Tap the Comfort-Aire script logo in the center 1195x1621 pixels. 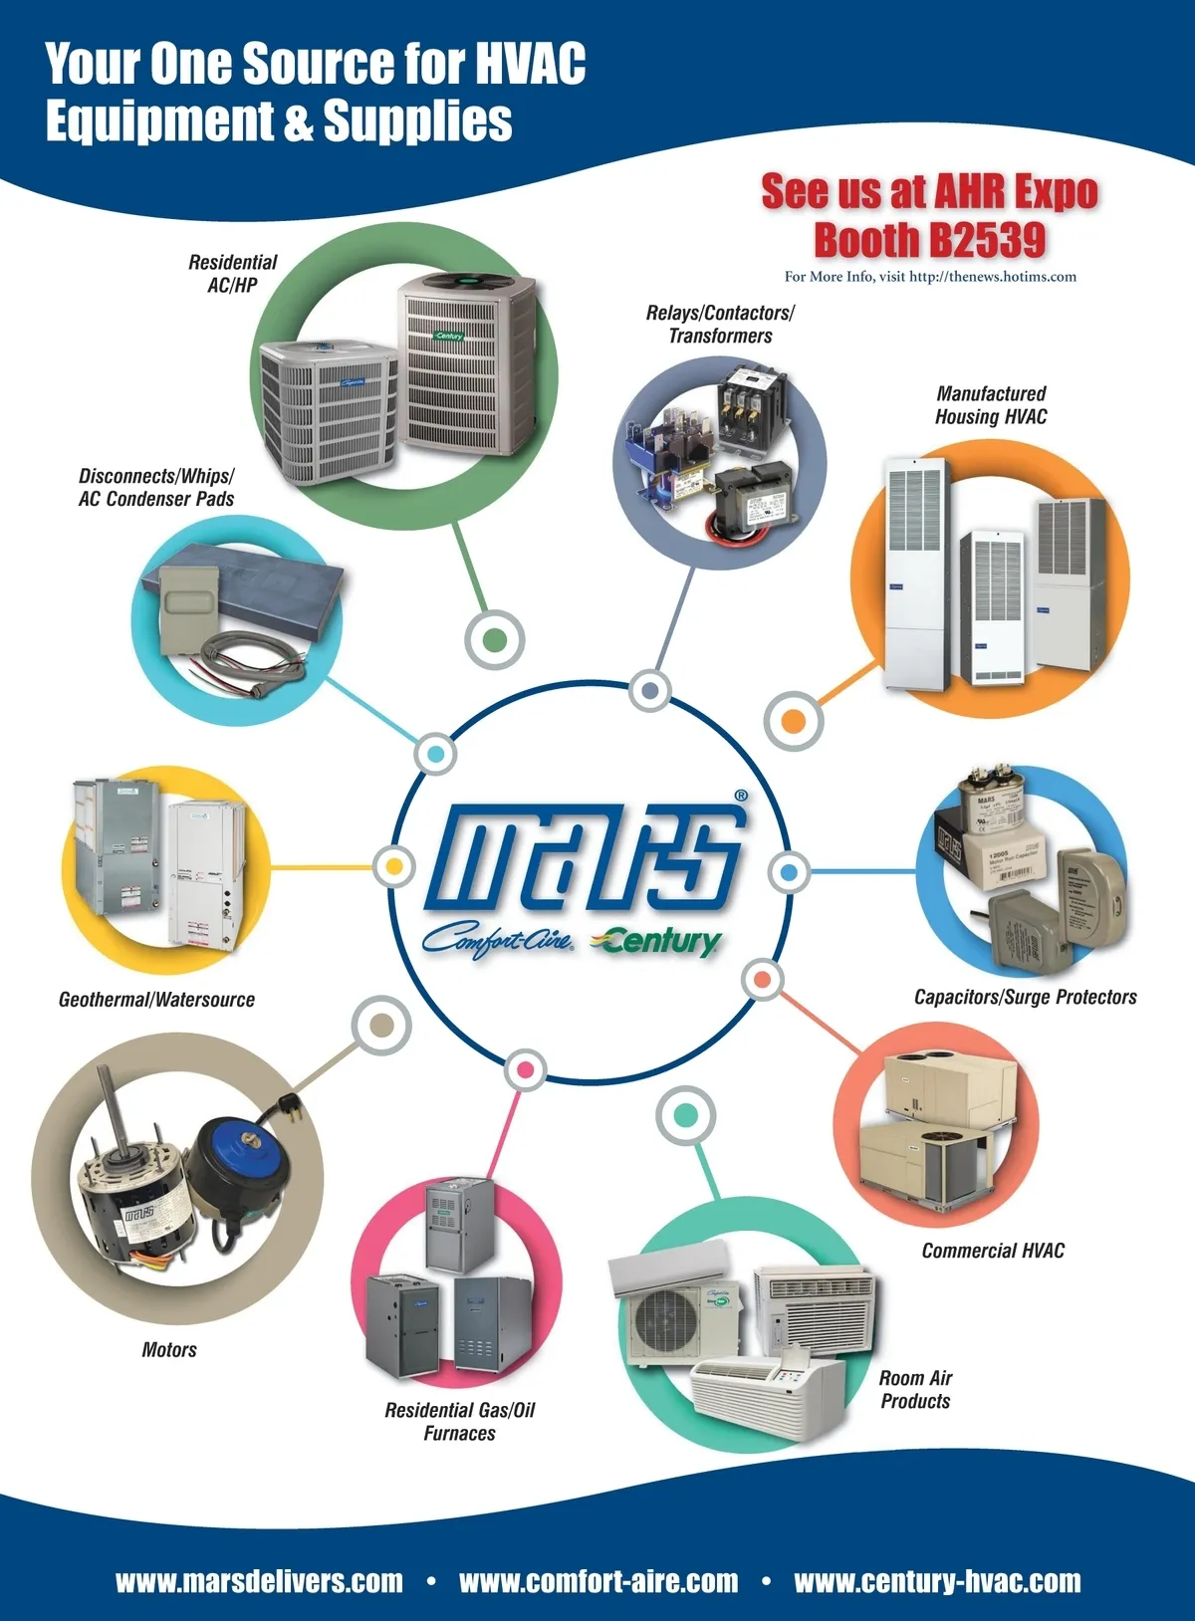click(498, 941)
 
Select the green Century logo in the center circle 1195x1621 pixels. click(656, 941)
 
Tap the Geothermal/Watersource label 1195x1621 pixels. click(156, 1000)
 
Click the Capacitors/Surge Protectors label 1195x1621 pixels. click(1025, 998)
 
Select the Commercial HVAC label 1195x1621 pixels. click(993, 1252)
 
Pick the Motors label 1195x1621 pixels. click(169, 1349)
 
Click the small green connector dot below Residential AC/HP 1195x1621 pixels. click(494, 639)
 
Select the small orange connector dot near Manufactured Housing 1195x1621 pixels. click(794, 721)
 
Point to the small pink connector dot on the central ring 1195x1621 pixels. click(526, 1069)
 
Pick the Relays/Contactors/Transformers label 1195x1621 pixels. click(720, 325)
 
